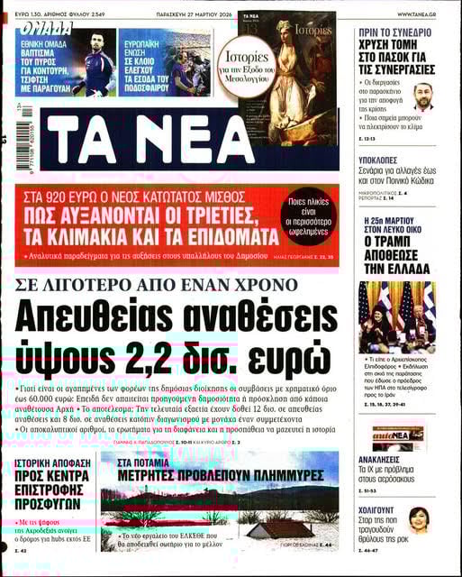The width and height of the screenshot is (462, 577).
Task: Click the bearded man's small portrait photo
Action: point(422,96)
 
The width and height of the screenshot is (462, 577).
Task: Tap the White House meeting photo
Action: point(397,315)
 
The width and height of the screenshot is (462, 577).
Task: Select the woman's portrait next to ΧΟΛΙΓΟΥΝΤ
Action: point(421,519)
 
